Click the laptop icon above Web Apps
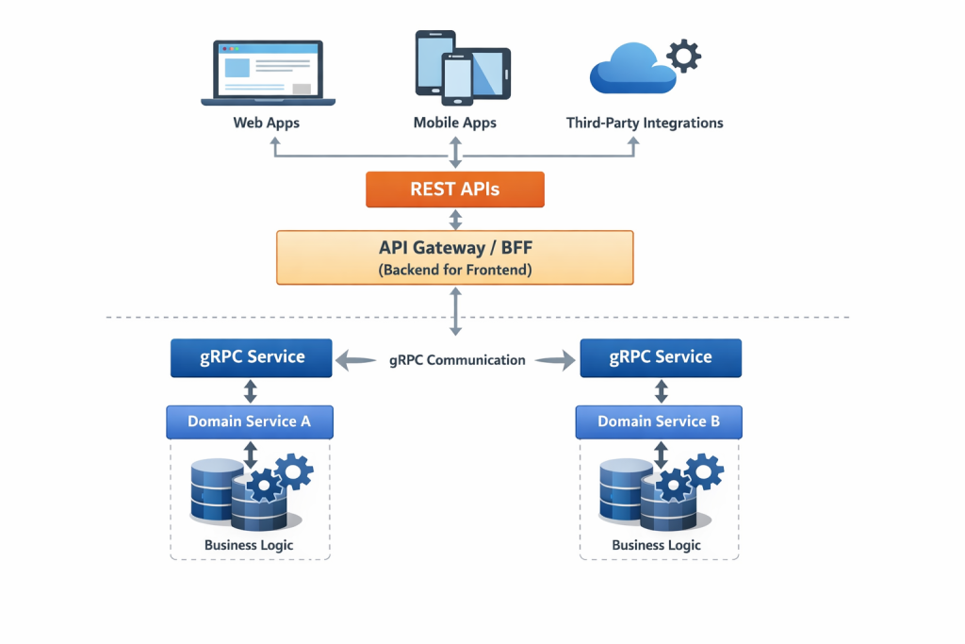point(268,74)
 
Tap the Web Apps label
point(267,123)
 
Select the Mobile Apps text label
point(454,123)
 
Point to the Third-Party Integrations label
point(645,123)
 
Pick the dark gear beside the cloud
point(683,56)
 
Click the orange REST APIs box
point(454,190)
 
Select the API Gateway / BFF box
point(454,256)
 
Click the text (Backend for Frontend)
point(454,270)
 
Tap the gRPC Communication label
point(457,359)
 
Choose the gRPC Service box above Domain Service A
point(251,358)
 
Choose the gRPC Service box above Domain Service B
point(661,358)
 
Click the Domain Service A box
point(250,421)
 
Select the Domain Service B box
point(659,421)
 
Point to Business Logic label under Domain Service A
point(249,545)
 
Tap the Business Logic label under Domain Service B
point(657,545)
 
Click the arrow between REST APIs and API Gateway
point(455,220)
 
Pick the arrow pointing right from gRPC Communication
point(555,359)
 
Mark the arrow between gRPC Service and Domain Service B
point(661,391)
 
